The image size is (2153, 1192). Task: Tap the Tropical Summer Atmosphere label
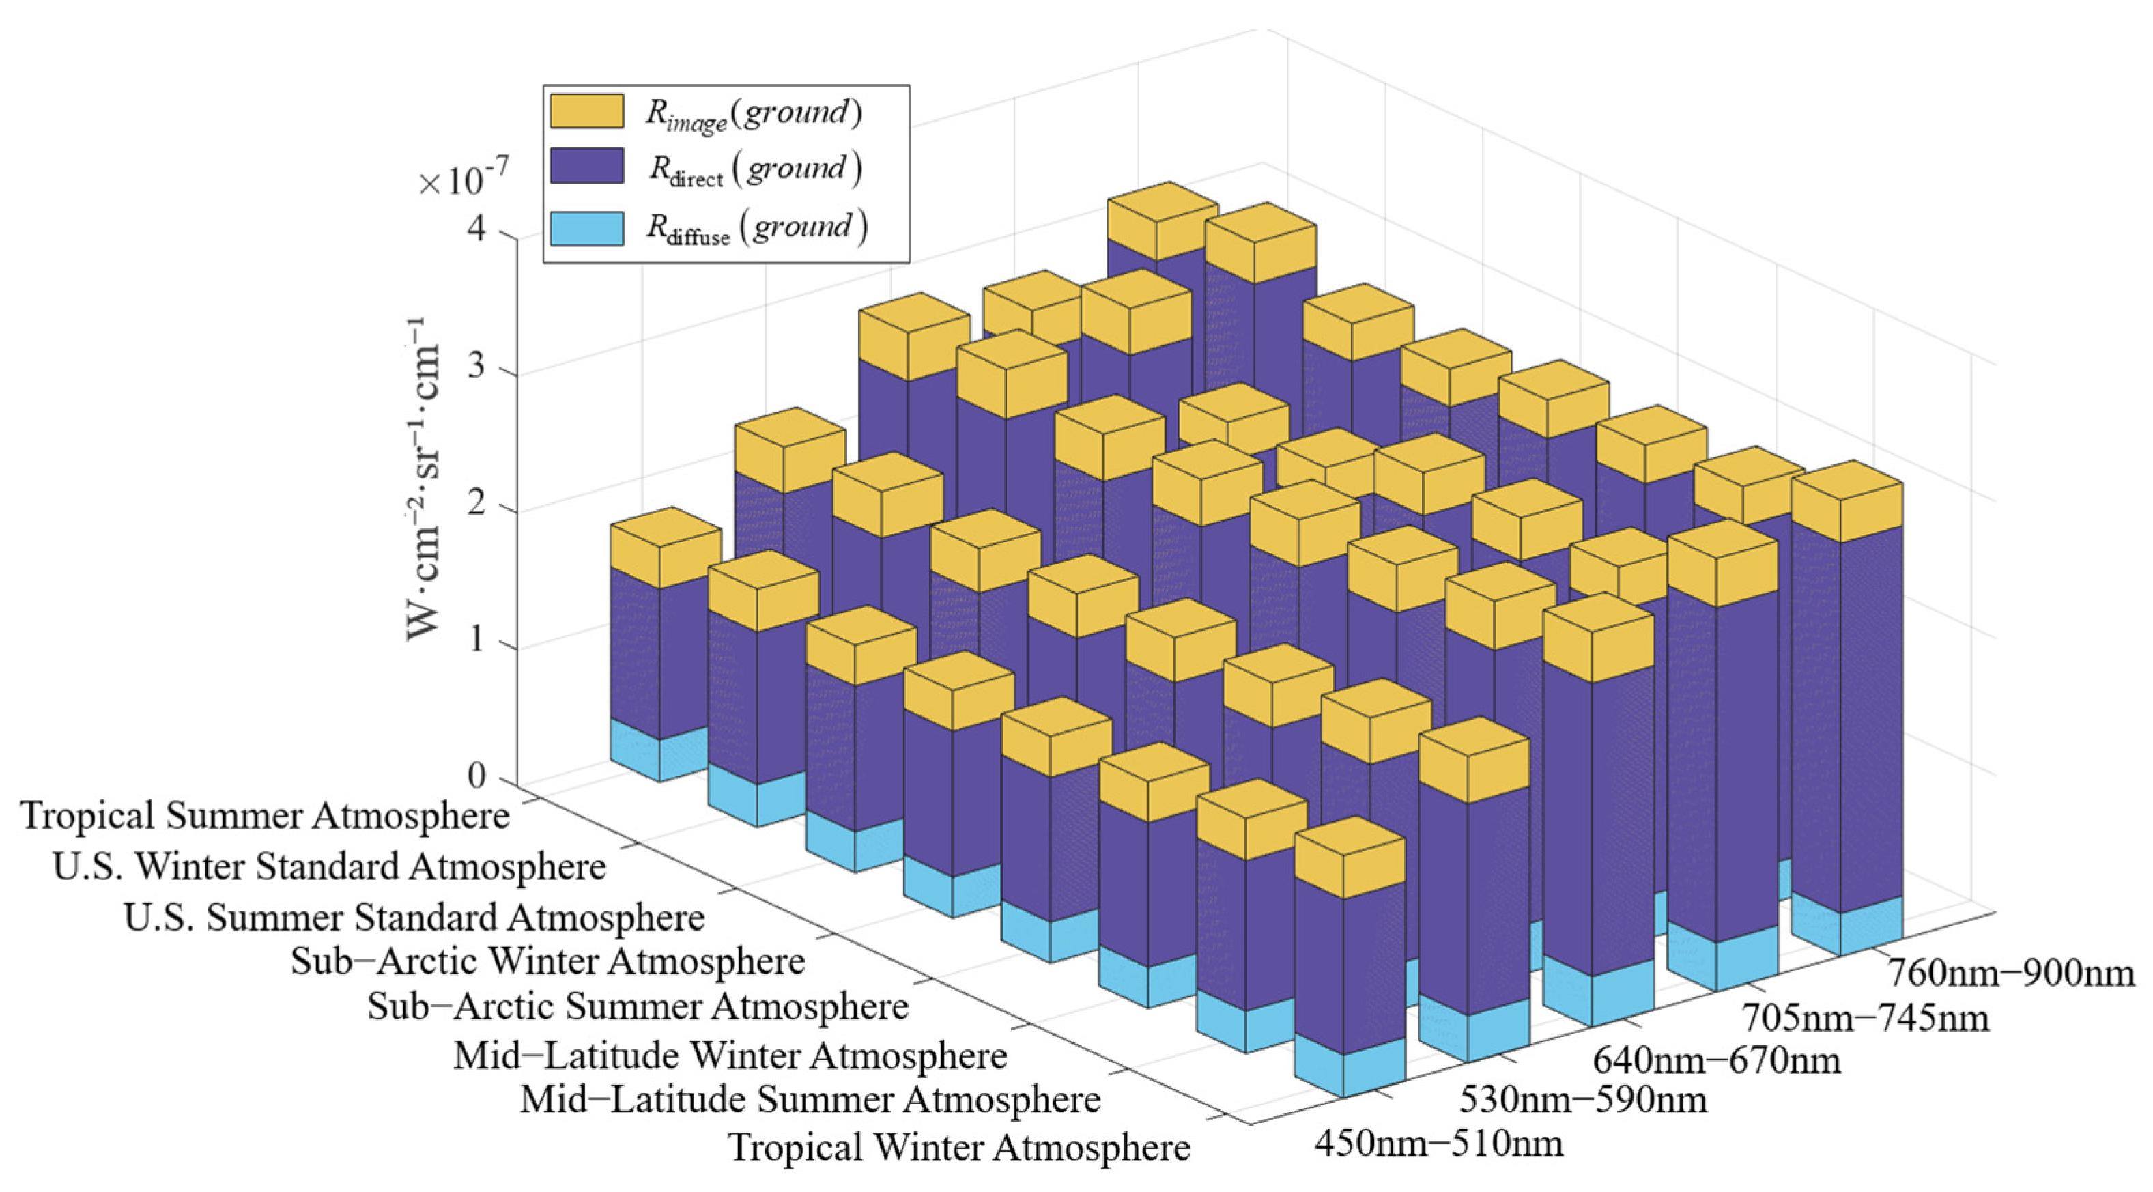[265, 816]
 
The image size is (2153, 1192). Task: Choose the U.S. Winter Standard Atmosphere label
[328, 867]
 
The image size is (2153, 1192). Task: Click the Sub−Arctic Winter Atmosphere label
[547, 961]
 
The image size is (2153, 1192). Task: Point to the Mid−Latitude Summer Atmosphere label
[810, 1099]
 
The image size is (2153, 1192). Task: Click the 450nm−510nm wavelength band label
[1438, 1143]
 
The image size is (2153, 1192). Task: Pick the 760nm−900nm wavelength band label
[2009, 973]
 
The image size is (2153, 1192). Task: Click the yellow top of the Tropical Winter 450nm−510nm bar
[1350, 858]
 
